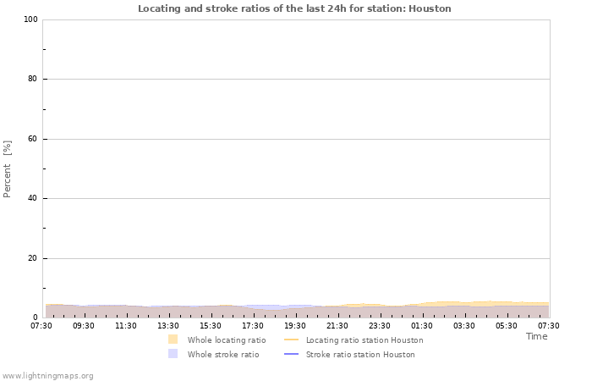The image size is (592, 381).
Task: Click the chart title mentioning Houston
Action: [x=294, y=8]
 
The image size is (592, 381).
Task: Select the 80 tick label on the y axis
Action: [x=30, y=80]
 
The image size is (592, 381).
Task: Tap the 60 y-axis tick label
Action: [x=30, y=139]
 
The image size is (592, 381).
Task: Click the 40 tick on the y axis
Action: [x=30, y=199]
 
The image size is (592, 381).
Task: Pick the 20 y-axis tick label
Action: [x=30, y=258]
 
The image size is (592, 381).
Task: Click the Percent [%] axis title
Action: [x=8, y=168]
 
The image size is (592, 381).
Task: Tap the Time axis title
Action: [x=536, y=336]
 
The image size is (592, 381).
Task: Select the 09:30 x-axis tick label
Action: [x=84, y=325]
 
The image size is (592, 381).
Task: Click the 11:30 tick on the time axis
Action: [x=126, y=325]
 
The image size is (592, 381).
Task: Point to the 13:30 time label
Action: [x=168, y=325]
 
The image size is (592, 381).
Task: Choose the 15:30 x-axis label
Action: [x=211, y=325]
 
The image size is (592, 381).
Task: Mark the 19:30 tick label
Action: [x=295, y=325]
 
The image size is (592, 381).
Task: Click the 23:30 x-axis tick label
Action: [x=380, y=325]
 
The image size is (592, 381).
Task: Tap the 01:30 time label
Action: [x=422, y=325]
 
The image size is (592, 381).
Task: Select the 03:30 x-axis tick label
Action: [x=464, y=325]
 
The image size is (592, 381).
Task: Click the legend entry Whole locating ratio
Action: [x=226, y=340]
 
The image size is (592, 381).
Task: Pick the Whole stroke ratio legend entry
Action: [x=222, y=355]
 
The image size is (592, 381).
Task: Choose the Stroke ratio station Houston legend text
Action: [x=360, y=355]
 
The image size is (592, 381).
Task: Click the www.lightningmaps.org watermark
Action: [x=47, y=375]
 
